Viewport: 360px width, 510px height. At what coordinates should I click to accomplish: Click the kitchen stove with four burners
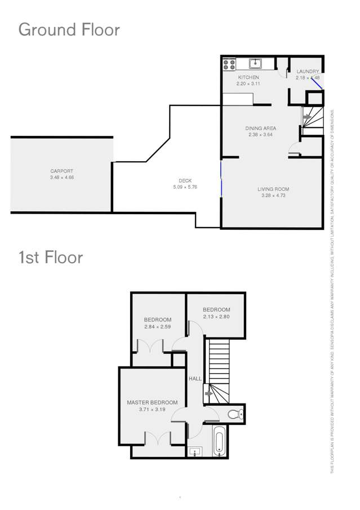[229, 65]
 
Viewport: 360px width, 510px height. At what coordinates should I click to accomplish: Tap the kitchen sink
[255, 63]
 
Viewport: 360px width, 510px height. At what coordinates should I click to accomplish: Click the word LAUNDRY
[308, 72]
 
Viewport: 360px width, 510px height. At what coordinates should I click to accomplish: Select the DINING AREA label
[261, 128]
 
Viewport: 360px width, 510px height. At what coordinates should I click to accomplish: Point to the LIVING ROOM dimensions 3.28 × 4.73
[273, 196]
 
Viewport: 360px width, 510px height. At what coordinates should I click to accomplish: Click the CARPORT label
[61, 171]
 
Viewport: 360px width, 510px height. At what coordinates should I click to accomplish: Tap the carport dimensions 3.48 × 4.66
[61, 178]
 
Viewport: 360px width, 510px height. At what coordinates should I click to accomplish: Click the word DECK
[185, 181]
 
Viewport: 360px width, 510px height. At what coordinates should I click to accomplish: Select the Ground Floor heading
[69, 29]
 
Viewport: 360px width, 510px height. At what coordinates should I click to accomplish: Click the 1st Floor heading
[51, 258]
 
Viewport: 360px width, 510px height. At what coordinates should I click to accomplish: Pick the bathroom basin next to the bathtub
[195, 451]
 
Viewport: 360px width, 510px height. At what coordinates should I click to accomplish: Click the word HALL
[195, 379]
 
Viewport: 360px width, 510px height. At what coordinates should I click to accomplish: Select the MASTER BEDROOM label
[152, 402]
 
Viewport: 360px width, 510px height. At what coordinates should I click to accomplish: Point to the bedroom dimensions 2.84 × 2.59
[157, 327]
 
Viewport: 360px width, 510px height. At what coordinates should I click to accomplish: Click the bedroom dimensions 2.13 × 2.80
[216, 316]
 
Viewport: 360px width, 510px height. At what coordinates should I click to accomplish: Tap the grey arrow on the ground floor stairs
[306, 118]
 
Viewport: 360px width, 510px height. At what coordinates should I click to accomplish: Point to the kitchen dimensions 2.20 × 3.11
[248, 83]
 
